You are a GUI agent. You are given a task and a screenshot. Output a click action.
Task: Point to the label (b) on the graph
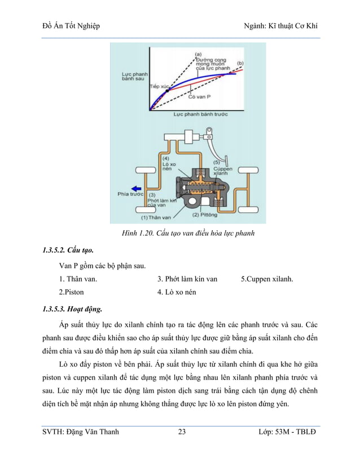240,63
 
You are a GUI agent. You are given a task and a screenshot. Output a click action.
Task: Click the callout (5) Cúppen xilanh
221,168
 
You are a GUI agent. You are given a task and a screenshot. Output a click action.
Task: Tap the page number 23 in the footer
182,432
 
